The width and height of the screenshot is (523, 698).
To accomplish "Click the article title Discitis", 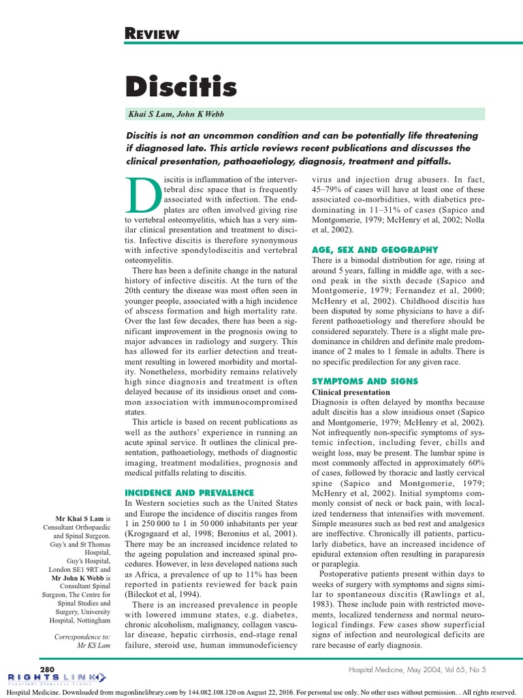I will coord(181,87).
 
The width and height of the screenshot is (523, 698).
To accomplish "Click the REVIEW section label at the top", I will coord(153,33).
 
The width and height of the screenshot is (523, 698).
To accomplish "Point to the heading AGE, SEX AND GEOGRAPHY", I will coord(375,250).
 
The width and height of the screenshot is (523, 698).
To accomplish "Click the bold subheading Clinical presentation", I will coord(351,393).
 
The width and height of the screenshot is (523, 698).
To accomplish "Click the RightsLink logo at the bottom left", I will coord(56,678).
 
